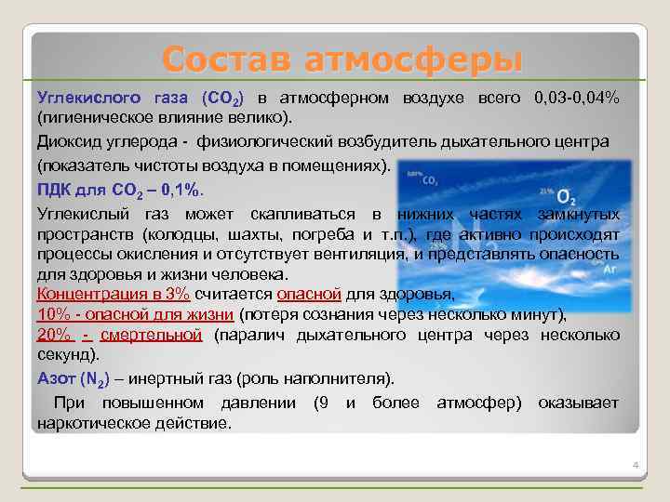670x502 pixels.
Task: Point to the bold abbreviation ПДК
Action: coord(54,191)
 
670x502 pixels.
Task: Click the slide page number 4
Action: coord(634,465)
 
